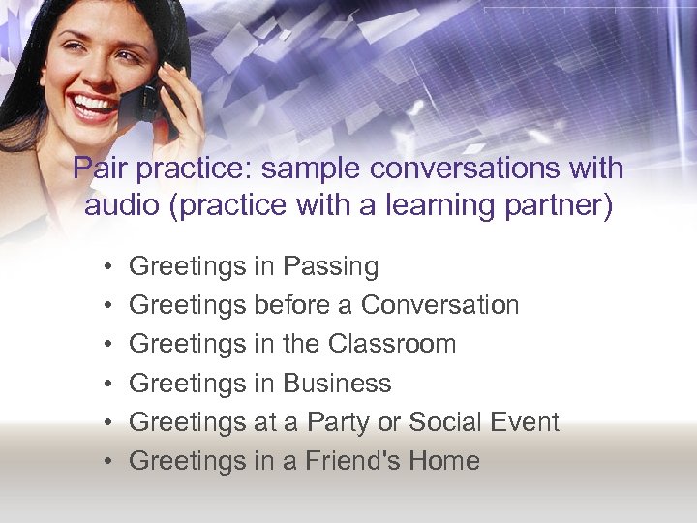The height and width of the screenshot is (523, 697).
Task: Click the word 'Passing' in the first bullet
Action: (330, 266)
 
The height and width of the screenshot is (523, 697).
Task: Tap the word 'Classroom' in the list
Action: (391, 344)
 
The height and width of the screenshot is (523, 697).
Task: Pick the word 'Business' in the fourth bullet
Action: (336, 384)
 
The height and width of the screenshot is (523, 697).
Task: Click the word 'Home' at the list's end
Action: (447, 461)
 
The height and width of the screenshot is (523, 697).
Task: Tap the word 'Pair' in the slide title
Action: (101, 169)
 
